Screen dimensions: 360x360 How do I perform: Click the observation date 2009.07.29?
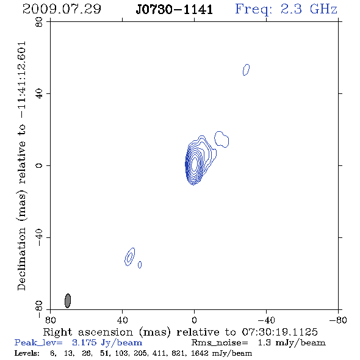coord(62,9)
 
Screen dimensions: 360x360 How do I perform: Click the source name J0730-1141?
coord(174,10)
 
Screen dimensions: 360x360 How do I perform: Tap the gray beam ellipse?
coord(68,301)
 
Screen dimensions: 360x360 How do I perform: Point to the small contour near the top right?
coord(246,70)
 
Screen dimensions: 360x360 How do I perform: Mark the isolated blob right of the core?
coord(221,139)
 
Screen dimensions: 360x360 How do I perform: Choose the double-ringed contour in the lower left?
coord(130,257)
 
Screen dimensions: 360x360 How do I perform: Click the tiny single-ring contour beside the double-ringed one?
coord(140,265)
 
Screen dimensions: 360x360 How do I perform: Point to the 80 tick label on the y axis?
coord(39,22)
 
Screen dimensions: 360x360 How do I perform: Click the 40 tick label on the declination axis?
coord(39,94)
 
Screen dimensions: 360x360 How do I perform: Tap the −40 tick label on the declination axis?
coord(39,237)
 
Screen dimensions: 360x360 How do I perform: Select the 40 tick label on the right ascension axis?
coord(122,320)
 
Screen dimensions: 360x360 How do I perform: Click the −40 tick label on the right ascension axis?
coord(266,320)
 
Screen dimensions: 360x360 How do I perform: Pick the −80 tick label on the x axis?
coord(338,320)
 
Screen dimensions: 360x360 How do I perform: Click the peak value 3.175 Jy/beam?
coord(107,343)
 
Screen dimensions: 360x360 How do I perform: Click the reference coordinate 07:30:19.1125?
coord(279,332)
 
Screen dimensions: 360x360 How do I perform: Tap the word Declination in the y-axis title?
coord(21,259)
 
